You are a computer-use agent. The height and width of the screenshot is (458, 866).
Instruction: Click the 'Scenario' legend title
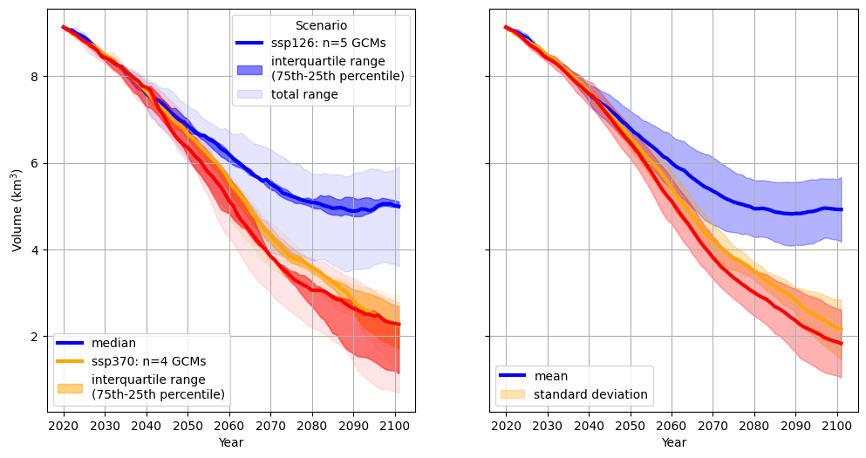(321, 25)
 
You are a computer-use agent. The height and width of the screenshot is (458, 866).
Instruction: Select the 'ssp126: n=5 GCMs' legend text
(329, 42)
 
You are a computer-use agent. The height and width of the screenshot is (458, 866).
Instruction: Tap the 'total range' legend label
(304, 94)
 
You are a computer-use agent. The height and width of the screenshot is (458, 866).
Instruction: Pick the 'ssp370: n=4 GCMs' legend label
(148, 360)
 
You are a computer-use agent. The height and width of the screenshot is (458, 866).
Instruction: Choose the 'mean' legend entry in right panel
(550, 376)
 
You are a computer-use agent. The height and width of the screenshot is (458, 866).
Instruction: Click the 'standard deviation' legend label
(590, 394)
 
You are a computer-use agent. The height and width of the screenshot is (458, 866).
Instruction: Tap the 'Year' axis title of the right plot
(673, 442)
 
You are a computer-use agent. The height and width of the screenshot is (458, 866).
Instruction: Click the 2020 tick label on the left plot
(64, 426)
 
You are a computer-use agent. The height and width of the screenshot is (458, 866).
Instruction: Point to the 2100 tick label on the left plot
(395, 426)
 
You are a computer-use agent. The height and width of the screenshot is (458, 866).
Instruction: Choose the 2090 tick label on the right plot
(796, 426)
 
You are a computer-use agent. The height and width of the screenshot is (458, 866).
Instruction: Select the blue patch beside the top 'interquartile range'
(249, 68)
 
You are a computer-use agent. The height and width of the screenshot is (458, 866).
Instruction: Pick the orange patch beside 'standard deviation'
(513, 394)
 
